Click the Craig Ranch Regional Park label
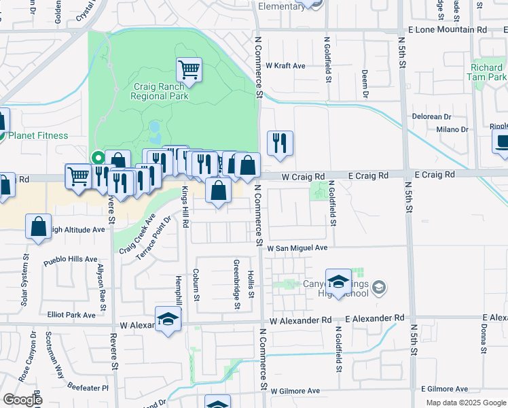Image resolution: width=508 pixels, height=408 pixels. pos(160,92)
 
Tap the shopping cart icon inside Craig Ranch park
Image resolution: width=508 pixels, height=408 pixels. pos(189,69)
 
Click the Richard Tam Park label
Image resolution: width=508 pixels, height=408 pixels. pos(487,73)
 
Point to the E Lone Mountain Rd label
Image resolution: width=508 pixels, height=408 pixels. pos(448,30)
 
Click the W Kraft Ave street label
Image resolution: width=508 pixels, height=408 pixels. pos(285,66)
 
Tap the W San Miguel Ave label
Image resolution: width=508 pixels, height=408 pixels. pos(297,248)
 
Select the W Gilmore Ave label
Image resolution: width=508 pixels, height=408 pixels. pos(295,391)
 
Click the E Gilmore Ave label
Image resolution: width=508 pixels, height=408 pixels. pos(445,389)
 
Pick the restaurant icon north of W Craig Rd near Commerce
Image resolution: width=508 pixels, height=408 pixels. pos(280,143)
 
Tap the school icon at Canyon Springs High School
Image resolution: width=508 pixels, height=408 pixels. pos(338,282)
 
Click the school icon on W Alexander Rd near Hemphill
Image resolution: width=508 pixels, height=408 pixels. pos(168,319)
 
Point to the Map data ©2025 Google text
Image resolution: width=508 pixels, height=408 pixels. pos(465,403)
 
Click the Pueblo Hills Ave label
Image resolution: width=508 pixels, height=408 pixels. pos(71,259)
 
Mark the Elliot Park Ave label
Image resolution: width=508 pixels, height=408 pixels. pos(71,315)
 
